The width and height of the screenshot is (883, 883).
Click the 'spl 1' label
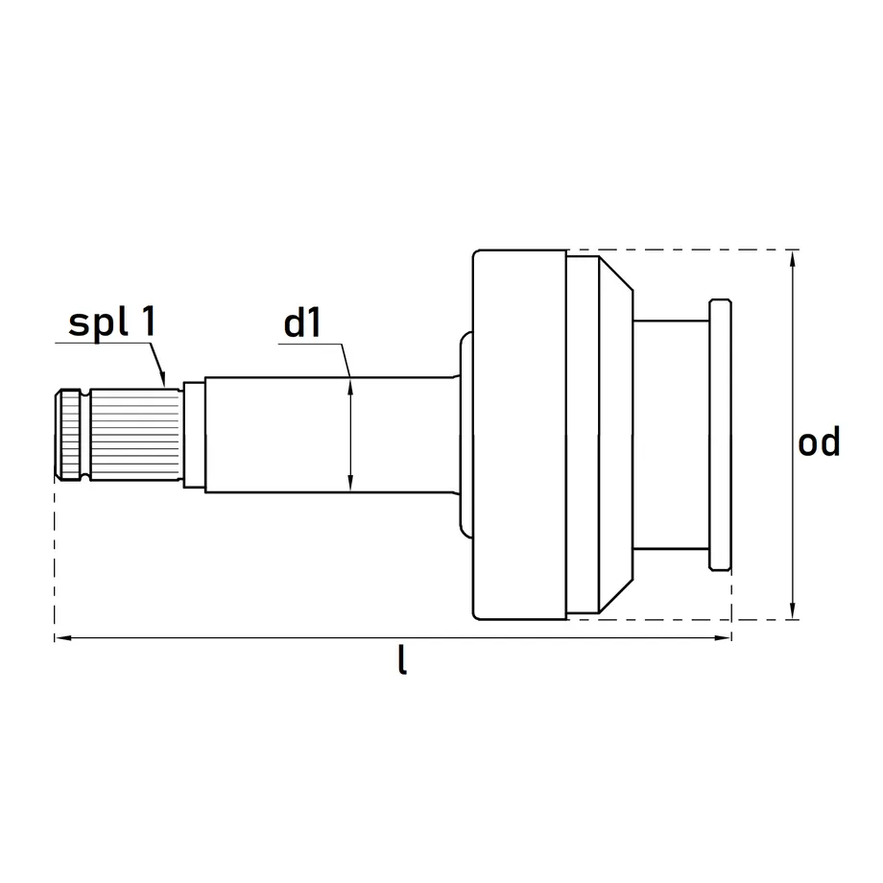point(112,323)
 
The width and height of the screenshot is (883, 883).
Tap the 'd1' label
point(302,323)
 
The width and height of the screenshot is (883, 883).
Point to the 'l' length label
point(402,659)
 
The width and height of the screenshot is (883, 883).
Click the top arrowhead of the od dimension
point(793,258)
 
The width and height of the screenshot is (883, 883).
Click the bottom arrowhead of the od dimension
point(793,611)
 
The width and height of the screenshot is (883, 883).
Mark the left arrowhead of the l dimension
point(63,638)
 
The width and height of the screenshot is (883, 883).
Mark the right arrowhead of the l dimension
point(723,638)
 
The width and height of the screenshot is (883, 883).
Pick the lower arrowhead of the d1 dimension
point(350,483)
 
